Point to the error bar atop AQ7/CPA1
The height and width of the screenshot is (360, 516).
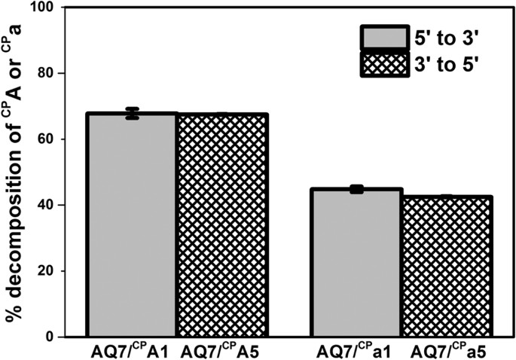[x=133, y=114]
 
